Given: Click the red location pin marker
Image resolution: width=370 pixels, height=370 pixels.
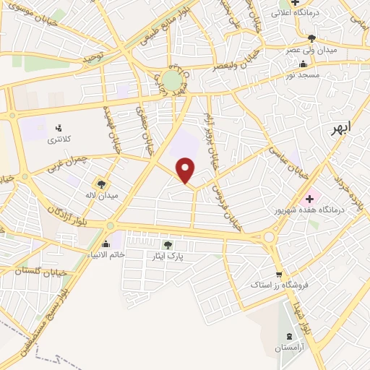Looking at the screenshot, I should coord(186,170).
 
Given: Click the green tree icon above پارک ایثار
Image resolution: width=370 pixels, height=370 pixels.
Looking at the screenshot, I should coord(168,245).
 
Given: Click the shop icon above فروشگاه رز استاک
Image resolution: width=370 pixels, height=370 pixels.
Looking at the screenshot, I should coord(279,274).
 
